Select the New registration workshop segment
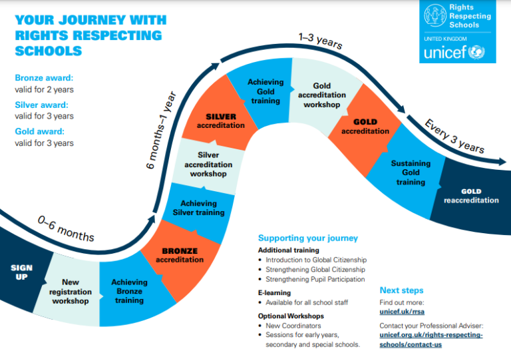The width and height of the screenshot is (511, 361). coord(71,292)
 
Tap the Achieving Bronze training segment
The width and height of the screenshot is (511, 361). coord(129,291)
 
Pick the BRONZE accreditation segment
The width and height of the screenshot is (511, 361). coord(180,255)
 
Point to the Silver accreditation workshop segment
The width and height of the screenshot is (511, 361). coord(208,165)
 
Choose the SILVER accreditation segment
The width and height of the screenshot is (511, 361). coord(220,121)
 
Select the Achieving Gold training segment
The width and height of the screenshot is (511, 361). coord(265,91)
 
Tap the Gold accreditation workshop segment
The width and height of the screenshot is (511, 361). coord(321,95)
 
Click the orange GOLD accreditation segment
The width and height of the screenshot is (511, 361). coord(365,127)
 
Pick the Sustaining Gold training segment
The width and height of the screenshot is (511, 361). coord(411,173)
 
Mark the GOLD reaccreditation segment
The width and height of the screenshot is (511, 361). coord(470,196)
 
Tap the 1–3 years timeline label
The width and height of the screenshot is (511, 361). coord(320,40)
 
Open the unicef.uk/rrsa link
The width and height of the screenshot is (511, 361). coord(401,311)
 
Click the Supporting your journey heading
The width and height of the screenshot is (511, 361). coord(307,238)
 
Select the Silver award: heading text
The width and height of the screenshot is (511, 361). coord(41,105)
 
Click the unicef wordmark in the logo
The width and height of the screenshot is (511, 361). coord(444,52)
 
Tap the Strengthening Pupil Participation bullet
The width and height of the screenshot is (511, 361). coord(315,279)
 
